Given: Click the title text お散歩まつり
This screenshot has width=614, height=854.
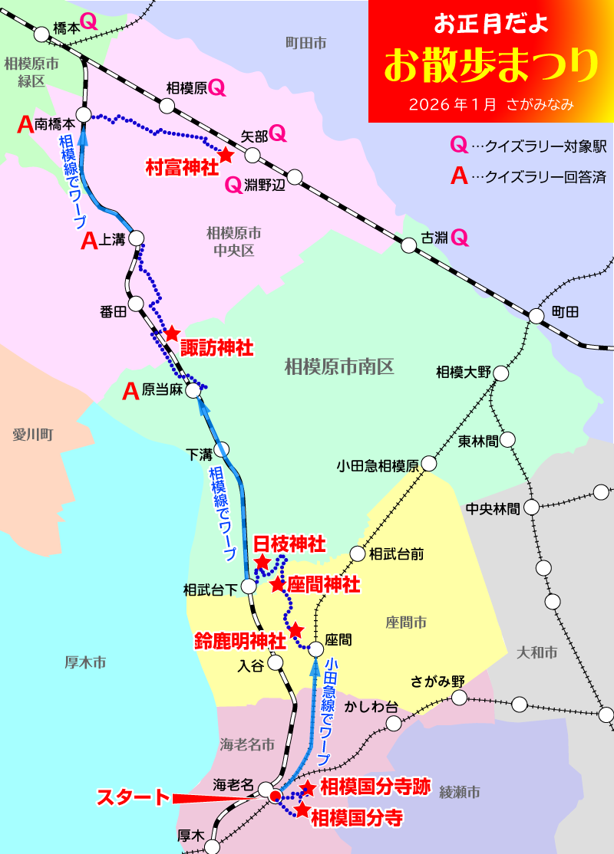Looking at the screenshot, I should tap(490, 66).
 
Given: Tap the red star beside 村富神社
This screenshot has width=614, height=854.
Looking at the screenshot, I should tap(226, 155).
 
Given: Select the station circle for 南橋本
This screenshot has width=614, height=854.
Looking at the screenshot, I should tap(84, 115).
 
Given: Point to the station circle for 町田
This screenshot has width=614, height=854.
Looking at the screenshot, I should tap(536, 315).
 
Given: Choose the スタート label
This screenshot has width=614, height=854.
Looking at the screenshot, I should tap(131, 797).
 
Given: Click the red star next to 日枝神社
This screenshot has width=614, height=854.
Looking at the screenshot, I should tap(262, 563).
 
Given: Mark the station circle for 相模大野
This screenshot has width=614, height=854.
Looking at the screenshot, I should tap(501, 373).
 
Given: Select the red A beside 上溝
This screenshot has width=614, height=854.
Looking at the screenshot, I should tap(90, 242).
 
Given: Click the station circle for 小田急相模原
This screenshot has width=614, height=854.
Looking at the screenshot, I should tap(428, 464).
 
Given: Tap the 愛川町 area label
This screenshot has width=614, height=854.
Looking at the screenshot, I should tap(31, 435).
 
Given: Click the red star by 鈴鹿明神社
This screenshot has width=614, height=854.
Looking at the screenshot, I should tap(296, 630).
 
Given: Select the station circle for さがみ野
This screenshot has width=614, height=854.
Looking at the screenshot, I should tap(459, 698).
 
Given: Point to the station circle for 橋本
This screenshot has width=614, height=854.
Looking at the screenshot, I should tap(40, 34).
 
